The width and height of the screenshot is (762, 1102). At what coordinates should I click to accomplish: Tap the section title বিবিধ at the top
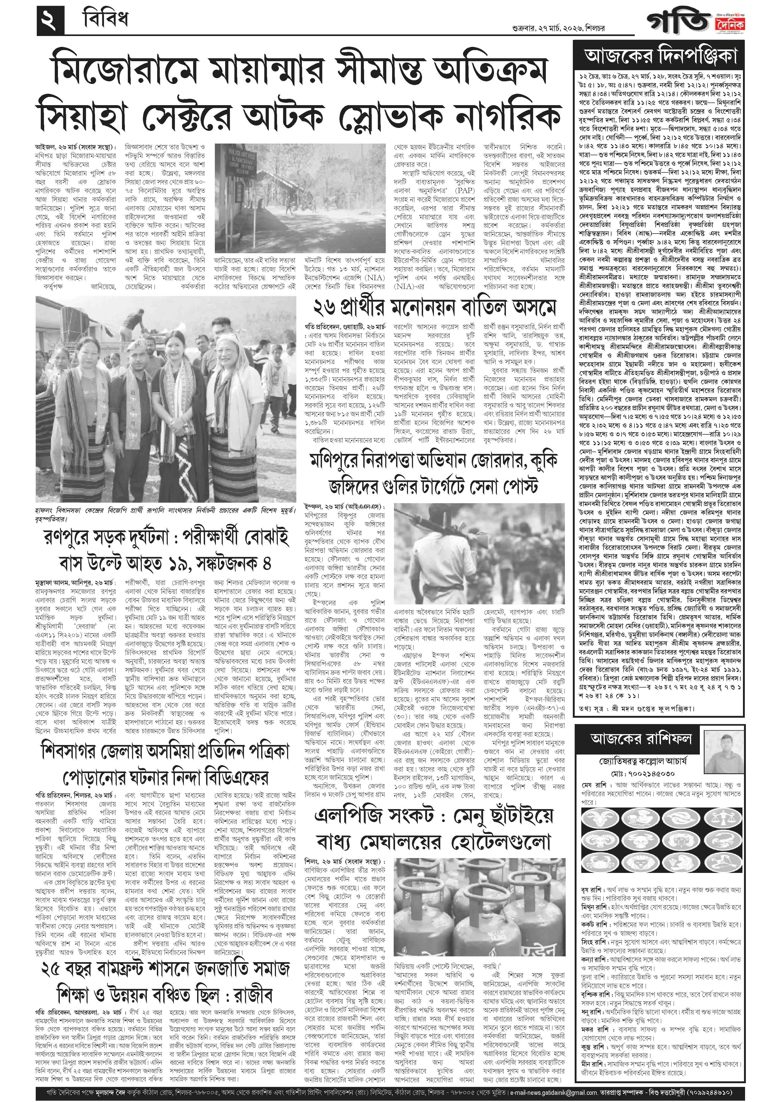(x=105, y=20)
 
